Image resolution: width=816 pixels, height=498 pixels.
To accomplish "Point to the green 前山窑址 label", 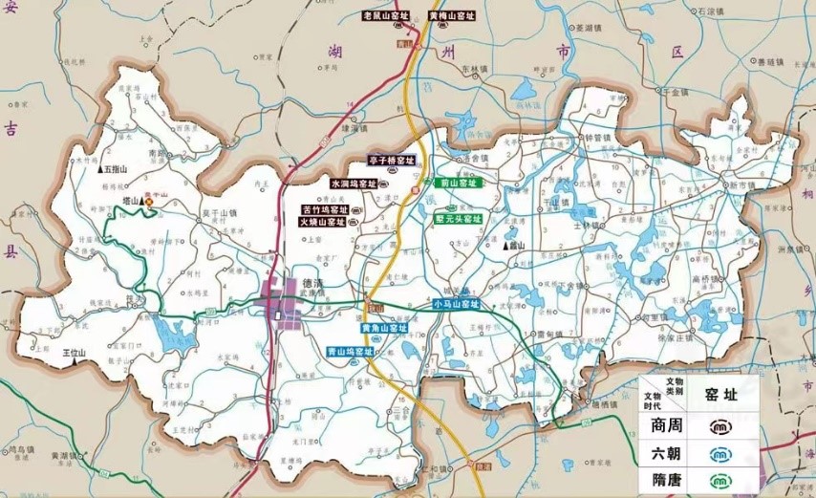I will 457,182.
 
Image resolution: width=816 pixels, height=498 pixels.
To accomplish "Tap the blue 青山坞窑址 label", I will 350,351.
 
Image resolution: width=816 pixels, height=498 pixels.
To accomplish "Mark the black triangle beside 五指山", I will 100,168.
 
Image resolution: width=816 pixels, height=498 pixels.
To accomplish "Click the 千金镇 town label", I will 673,92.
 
